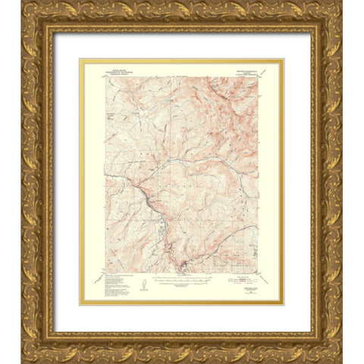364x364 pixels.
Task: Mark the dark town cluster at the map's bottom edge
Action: (182, 267)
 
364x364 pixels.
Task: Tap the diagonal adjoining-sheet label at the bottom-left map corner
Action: (99, 278)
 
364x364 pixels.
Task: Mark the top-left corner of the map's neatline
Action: (105, 74)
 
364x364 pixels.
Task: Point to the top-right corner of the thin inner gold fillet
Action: (283, 60)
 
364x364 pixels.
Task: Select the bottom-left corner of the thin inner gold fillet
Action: (80, 304)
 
